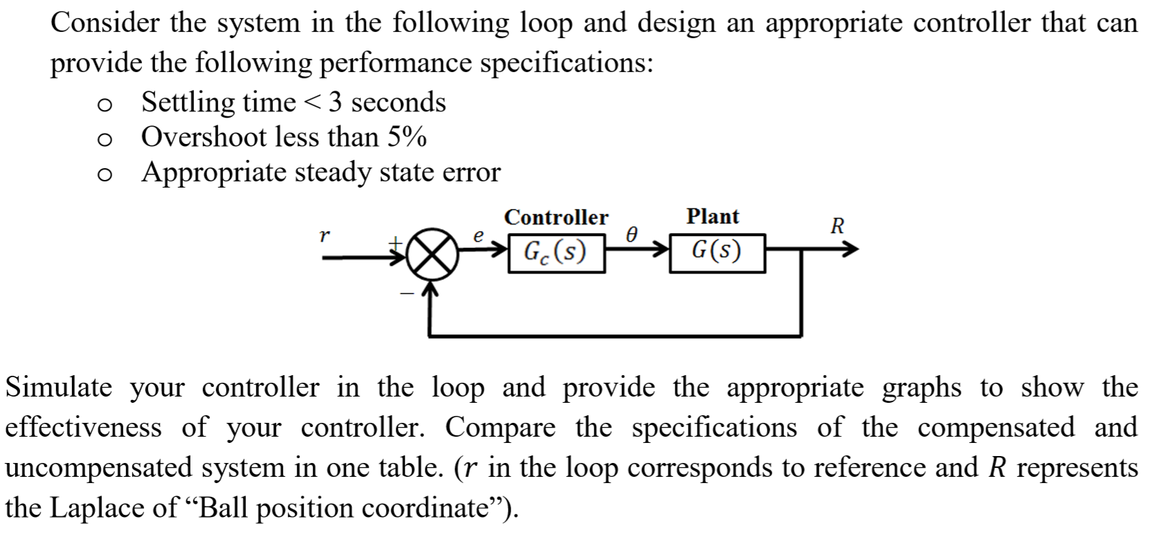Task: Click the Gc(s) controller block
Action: tap(556, 253)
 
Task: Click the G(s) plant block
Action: tap(717, 253)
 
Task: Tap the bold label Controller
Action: tap(556, 217)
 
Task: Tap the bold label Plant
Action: tap(713, 217)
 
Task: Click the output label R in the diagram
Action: tap(837, 226)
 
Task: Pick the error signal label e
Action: tap(477, 235)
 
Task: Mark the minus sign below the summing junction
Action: tap(407, 295)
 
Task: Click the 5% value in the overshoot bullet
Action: tap(407, 137)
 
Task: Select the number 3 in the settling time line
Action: tap(335, 102)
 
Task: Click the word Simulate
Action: tap(58, 388)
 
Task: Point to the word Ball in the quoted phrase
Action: tap(220, 508)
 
